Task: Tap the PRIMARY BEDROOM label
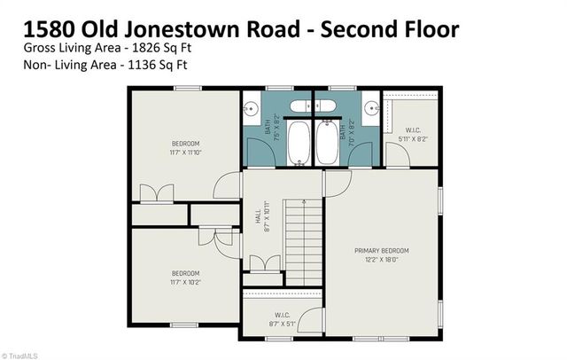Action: (x=382, y=251)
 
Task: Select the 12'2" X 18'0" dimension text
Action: (x=382, y=260)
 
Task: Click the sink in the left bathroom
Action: (x=251, y=110)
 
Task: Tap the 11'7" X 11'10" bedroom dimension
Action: (x=186, y=153)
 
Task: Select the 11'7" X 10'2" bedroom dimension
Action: (x=186, y=282)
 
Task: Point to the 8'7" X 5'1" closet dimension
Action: (x=283, y=324)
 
